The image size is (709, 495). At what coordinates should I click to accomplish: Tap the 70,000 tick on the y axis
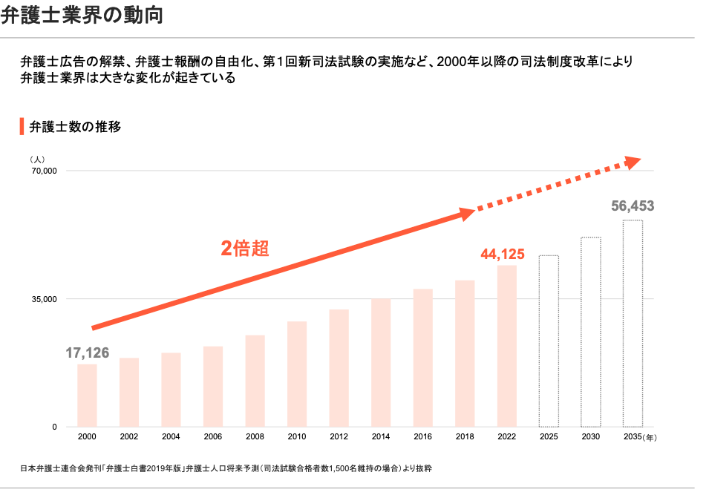point(44,171)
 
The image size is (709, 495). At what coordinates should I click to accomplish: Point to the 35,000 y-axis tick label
point(44,300)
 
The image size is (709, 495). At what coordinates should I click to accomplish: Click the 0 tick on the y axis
point(54,427)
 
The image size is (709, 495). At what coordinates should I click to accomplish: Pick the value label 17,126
point(87,353)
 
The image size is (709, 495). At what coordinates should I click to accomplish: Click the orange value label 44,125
point(503,255)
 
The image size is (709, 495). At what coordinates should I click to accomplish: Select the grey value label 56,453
point(633,206)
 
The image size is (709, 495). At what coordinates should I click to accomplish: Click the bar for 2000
point(87,396)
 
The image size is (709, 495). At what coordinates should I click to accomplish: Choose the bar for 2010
point(297,374)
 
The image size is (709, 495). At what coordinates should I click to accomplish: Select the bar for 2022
point(507,346)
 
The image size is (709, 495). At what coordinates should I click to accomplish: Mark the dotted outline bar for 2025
point(549,341)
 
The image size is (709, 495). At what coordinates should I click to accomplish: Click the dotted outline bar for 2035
point(633,324)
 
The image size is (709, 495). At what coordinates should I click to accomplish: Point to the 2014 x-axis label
point(381,437)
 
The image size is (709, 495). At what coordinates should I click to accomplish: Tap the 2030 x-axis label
point(591,437)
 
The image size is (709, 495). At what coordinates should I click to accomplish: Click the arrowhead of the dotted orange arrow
point(633,163)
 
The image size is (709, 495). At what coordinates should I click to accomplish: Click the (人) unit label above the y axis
point(38,160)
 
